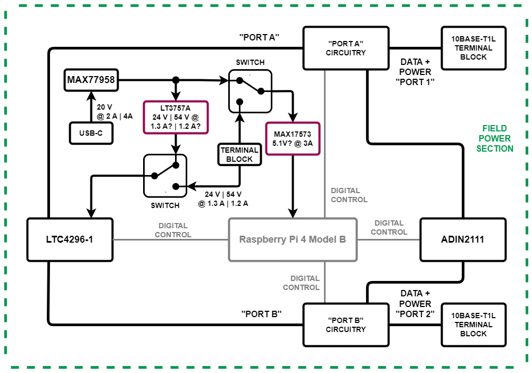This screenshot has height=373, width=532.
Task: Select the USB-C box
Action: (x=91, y=133)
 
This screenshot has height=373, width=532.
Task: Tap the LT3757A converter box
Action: (x=175, y=117)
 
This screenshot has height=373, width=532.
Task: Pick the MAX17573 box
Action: (x=292, y=138)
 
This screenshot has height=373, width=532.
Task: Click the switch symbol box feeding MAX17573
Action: (x=250, y=92)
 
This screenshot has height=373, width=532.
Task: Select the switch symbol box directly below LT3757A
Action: (x=165, y=176)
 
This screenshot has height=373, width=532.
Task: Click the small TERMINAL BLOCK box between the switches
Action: (x=239, y=154)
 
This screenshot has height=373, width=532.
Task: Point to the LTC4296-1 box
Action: (x=70, y=239)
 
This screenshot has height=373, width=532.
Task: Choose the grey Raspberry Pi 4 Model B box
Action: (x=293, y=239)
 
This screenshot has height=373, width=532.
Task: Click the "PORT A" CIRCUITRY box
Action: (x=346, y=48)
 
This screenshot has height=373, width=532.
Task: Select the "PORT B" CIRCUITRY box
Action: (x=346, y=325)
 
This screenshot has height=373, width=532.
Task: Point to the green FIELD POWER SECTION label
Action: (x=495, y=138)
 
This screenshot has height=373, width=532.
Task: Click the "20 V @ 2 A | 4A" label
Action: (x=111, y=111)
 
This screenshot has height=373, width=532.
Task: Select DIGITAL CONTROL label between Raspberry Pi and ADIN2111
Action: (x=389, y=228)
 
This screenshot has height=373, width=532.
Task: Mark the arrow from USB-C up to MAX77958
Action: (x=91, y=106)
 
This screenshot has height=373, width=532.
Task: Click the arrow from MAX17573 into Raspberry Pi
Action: (x=292, y=186)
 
